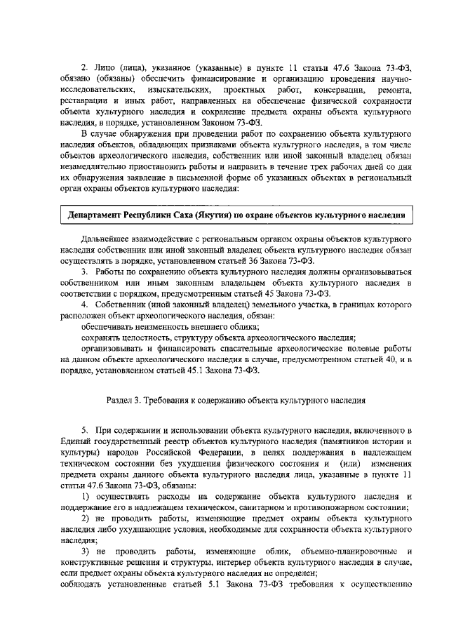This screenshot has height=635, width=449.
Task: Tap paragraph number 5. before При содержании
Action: (84, 429)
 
